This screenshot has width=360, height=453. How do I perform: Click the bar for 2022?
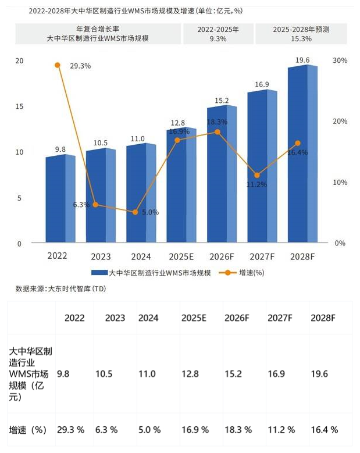(60, 199)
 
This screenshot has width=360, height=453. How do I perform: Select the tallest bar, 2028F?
(302, 155)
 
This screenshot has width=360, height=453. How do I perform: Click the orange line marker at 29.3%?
(58, 65)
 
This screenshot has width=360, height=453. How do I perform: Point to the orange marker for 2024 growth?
(136, 212)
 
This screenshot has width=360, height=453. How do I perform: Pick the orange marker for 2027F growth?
(256, 175)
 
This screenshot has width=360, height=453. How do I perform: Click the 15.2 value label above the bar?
(222, 100)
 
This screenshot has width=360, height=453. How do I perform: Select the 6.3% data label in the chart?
(81, 205)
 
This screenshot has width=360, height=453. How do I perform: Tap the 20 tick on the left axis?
(19, 61)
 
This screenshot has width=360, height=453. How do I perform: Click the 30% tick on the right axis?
(340, 61)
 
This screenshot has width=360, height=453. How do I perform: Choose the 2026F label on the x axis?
(222, 256)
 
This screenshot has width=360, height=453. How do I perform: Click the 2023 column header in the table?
(115, 318)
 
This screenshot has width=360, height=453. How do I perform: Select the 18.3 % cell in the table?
(237, 430)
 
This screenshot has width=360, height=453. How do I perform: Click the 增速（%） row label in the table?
(28, 430)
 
